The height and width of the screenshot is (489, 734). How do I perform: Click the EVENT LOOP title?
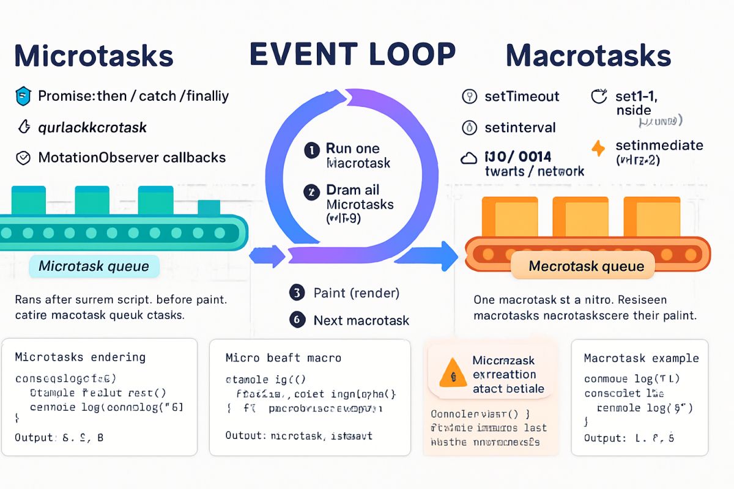tap(353, 54)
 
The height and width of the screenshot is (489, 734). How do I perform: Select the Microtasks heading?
tap(94, 56)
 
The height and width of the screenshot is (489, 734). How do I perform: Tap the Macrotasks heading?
tap(588, 56)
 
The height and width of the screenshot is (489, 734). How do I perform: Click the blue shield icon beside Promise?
tap(23, 96)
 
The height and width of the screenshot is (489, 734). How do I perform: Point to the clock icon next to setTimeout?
tap(469, 97)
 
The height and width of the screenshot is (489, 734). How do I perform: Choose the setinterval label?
tap(519, 128)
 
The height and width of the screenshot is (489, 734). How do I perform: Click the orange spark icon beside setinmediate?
tap(598, 148)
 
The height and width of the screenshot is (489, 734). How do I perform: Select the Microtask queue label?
tap(94, 267)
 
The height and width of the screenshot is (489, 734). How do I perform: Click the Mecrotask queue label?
tap(586, 267)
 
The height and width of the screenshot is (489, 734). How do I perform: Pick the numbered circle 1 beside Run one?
tap(311, 149)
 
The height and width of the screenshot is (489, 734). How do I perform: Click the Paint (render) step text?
tap(356, 293)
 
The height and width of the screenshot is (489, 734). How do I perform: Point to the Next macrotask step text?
tap(361, 320)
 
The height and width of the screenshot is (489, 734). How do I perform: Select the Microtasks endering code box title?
tap(80, 357)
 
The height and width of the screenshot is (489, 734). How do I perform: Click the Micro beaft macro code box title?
tap(283, 358)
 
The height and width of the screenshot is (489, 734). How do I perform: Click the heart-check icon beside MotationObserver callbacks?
tap(23, 158)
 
